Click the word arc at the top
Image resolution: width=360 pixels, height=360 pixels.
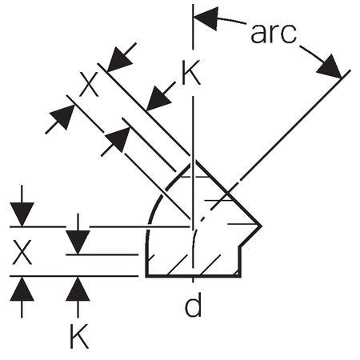click(274, 34)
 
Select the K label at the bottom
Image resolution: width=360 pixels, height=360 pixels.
click(79, 336)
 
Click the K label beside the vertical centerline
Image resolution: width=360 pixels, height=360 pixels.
click(190, 73)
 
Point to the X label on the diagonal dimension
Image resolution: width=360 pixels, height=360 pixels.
click(90, 85)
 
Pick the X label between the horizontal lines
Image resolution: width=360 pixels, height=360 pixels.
click(22, 252)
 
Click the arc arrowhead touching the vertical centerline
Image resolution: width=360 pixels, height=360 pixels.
click(206, 18)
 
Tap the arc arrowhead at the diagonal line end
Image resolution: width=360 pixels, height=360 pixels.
click(330, 66)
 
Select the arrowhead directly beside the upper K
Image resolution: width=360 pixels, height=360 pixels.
click(158, 98)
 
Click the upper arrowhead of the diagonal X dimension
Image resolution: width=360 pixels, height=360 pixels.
click(119, 59)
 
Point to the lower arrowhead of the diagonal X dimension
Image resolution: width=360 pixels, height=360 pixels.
click(62, 118)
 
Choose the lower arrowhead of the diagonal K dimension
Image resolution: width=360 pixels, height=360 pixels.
click(118, 140)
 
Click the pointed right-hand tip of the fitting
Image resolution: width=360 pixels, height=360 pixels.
click(260, 226)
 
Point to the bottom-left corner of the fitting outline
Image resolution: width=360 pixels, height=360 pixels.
click(146, 276)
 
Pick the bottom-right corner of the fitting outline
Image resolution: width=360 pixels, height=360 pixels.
click(240, 276)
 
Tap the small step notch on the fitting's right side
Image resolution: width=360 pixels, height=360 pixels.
click(241, 247)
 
